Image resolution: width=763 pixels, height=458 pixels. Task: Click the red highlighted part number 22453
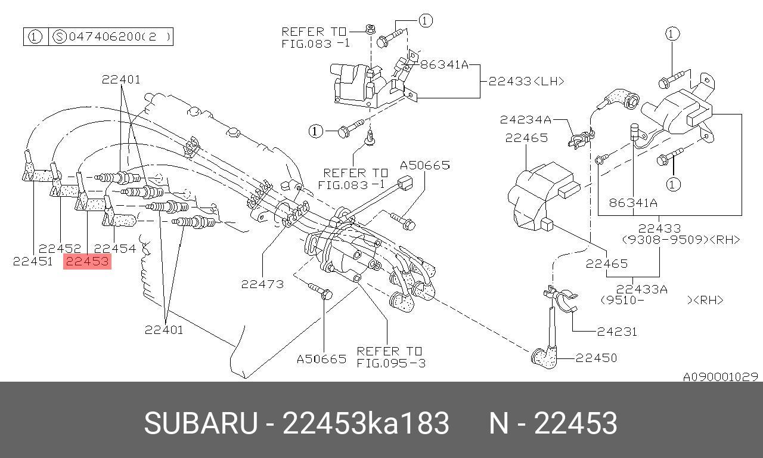tap(87, 262)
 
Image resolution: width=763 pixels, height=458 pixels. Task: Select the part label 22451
tap(33, 261)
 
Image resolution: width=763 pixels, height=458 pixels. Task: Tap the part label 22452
tap(60, 248)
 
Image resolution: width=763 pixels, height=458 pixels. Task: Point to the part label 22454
tap(115, 249)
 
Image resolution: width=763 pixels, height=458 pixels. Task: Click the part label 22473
tap(262, 284)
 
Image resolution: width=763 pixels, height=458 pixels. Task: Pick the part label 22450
tap(596, 358)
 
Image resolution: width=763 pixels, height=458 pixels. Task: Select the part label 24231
tap(617, 332)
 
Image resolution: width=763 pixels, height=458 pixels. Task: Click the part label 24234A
tap(526, 120)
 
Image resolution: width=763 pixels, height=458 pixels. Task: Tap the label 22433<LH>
tap(526, 81)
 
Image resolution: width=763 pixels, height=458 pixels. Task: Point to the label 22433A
tap(642, 289)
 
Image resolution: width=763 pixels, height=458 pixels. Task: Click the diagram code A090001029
tap(721, 376)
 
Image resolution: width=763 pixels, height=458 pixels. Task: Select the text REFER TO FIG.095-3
tap(390, 357)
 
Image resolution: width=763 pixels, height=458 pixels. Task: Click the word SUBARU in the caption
tap(201, 423)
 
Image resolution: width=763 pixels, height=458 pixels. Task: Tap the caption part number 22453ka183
tap(365, 423)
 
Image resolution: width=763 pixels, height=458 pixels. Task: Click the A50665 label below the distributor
tap(321, 359)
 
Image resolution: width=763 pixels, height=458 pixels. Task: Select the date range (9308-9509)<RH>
tap(681, 240)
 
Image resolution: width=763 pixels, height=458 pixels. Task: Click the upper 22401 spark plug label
tap(121, 79)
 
